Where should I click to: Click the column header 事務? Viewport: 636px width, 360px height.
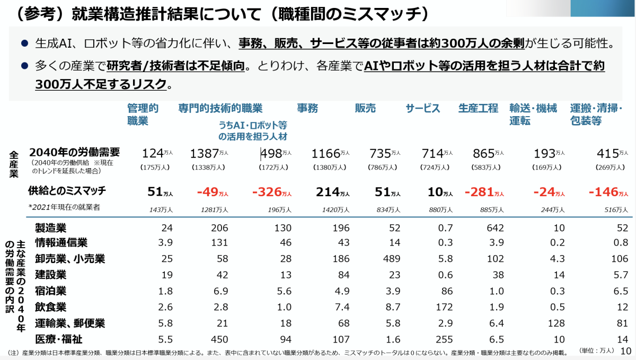[307, 109]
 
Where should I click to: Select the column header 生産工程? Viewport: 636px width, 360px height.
[478, 109]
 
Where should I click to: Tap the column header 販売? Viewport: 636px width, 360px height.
[365, 109]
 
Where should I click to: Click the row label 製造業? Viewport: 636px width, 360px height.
[50, 229]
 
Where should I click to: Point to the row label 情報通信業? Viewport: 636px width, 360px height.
[61, 243]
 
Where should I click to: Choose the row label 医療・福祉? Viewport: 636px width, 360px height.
[58, 339]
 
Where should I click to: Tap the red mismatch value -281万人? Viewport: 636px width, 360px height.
[484, 191]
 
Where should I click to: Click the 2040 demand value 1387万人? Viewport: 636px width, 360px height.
[209, 154]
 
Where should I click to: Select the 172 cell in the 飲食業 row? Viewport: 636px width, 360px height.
[444, 307]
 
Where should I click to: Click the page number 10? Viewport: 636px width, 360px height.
[625, 351]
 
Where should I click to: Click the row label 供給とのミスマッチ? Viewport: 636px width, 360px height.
[67, 190]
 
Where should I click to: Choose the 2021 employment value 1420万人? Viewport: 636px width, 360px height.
[335, 209]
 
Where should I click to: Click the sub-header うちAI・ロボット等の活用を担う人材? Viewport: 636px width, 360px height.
[252, 131]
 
